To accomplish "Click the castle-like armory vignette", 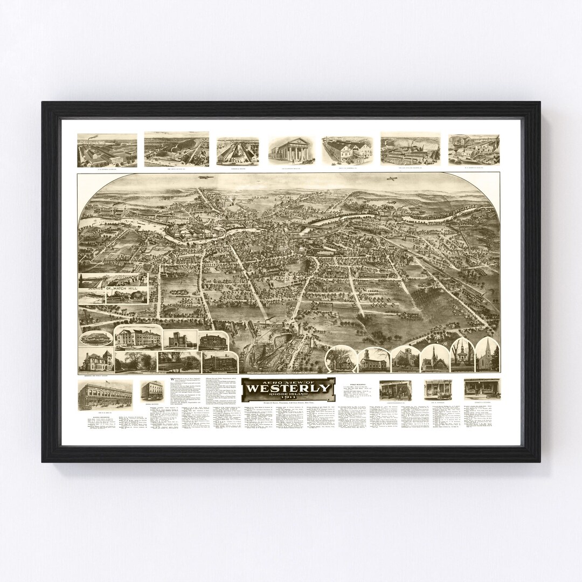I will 180,339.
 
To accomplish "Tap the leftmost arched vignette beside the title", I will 341,359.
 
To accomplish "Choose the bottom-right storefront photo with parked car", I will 482,389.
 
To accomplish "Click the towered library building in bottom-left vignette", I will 95,360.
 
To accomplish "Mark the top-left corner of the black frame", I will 43,102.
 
